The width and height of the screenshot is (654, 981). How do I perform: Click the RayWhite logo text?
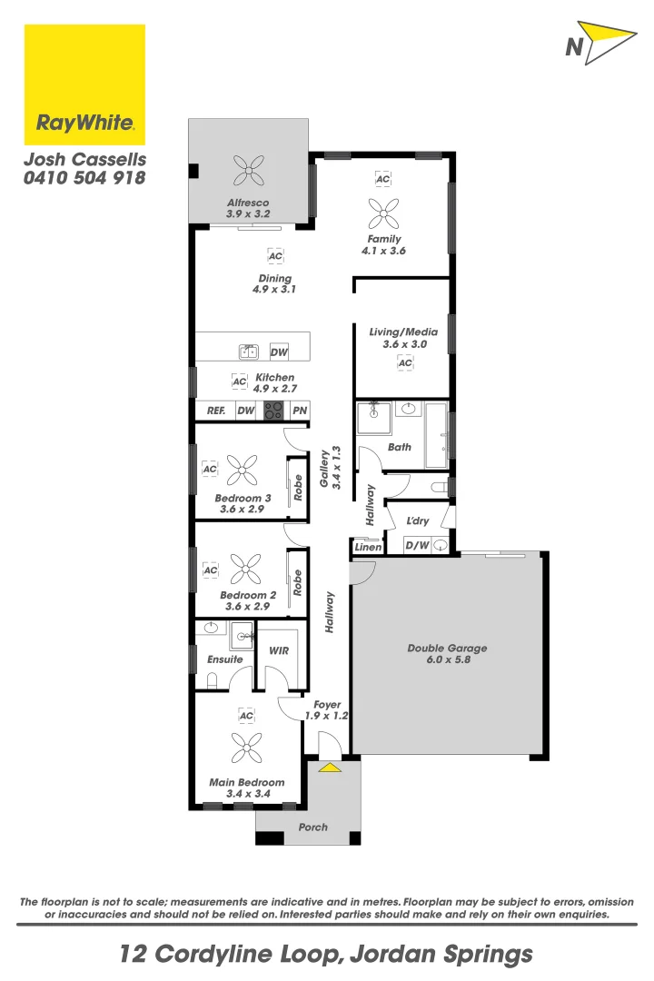(x=84, y=122)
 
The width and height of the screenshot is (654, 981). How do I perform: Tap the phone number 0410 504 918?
(x=84, y=178)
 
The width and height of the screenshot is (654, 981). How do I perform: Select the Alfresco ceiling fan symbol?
(x=248, y=168)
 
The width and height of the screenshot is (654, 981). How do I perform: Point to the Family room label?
(x=384, y=239)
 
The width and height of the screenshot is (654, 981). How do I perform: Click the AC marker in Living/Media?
(x=405, y=363)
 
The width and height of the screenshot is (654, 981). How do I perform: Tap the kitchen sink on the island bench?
(x=248, y=352)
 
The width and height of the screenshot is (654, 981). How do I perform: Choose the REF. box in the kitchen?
(x=215, y=411)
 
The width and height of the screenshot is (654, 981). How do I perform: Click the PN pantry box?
(x=300, y=411)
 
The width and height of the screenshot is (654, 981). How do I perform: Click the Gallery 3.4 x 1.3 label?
(x=330, y=469)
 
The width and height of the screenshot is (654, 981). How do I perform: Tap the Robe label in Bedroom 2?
(x=297, y=582)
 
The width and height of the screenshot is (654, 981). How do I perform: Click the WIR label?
(x=279, y=650)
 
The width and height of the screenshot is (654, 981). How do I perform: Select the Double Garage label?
(x=447, y=648)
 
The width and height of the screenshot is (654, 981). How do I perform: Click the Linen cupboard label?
(x=368, y=547)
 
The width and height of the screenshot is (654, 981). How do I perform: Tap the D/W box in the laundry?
(x=416, y=546)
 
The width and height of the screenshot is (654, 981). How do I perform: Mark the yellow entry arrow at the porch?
(x=329, y=768)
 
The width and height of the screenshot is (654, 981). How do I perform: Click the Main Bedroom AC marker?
(x=246, y=716)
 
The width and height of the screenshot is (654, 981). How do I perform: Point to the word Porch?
(x=313, y=827)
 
